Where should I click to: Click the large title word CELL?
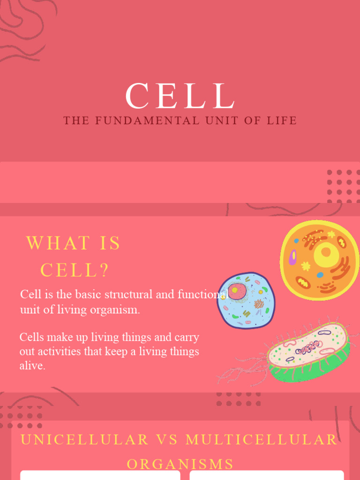(x=180, y=97)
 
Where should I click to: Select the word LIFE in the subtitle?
(x=282, y=121)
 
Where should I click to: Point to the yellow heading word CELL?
(x=75, y=270)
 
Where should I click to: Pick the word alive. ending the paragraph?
(x=32, y=366)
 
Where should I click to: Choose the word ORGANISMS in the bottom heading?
(x=180, y=464)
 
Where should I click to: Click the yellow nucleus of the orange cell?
(x=326, y=254)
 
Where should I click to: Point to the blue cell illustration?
(x=246, y=300)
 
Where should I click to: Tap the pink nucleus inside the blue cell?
(x=237, y=291)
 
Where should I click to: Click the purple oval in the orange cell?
(x=293, y=257)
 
